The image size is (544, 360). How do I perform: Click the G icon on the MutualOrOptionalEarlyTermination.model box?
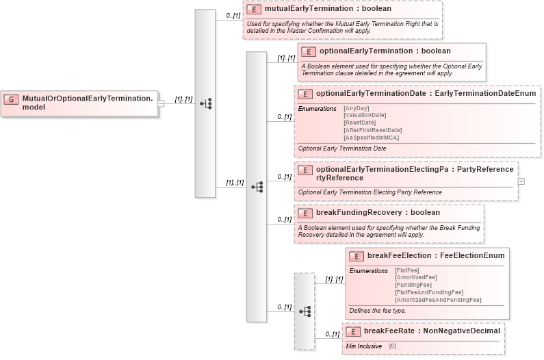click(x=11, y=99)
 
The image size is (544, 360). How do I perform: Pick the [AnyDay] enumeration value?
click(x=356, y=108)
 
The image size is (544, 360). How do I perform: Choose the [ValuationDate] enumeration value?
click(x=364, y=115)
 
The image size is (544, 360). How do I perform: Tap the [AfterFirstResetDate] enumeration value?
click(x=372, y=130)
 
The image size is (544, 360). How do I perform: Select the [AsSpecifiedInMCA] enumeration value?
click(x=371, y=138)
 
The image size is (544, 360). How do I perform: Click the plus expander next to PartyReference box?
click(x=521, y=181)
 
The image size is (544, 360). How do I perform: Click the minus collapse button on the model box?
click(x=161, y=103)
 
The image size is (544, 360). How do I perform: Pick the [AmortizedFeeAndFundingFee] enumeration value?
click(x=438, y=300)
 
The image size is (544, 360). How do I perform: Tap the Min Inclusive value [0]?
click(x=393, y=346)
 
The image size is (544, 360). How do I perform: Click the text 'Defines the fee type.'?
click(x=377, y=311)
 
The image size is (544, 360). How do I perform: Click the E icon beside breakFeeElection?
click(x=356, y=256)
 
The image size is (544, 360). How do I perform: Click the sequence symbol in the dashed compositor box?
click(x=305, y=311)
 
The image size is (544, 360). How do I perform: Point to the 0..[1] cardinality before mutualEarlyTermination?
click(x=233, y=15)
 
